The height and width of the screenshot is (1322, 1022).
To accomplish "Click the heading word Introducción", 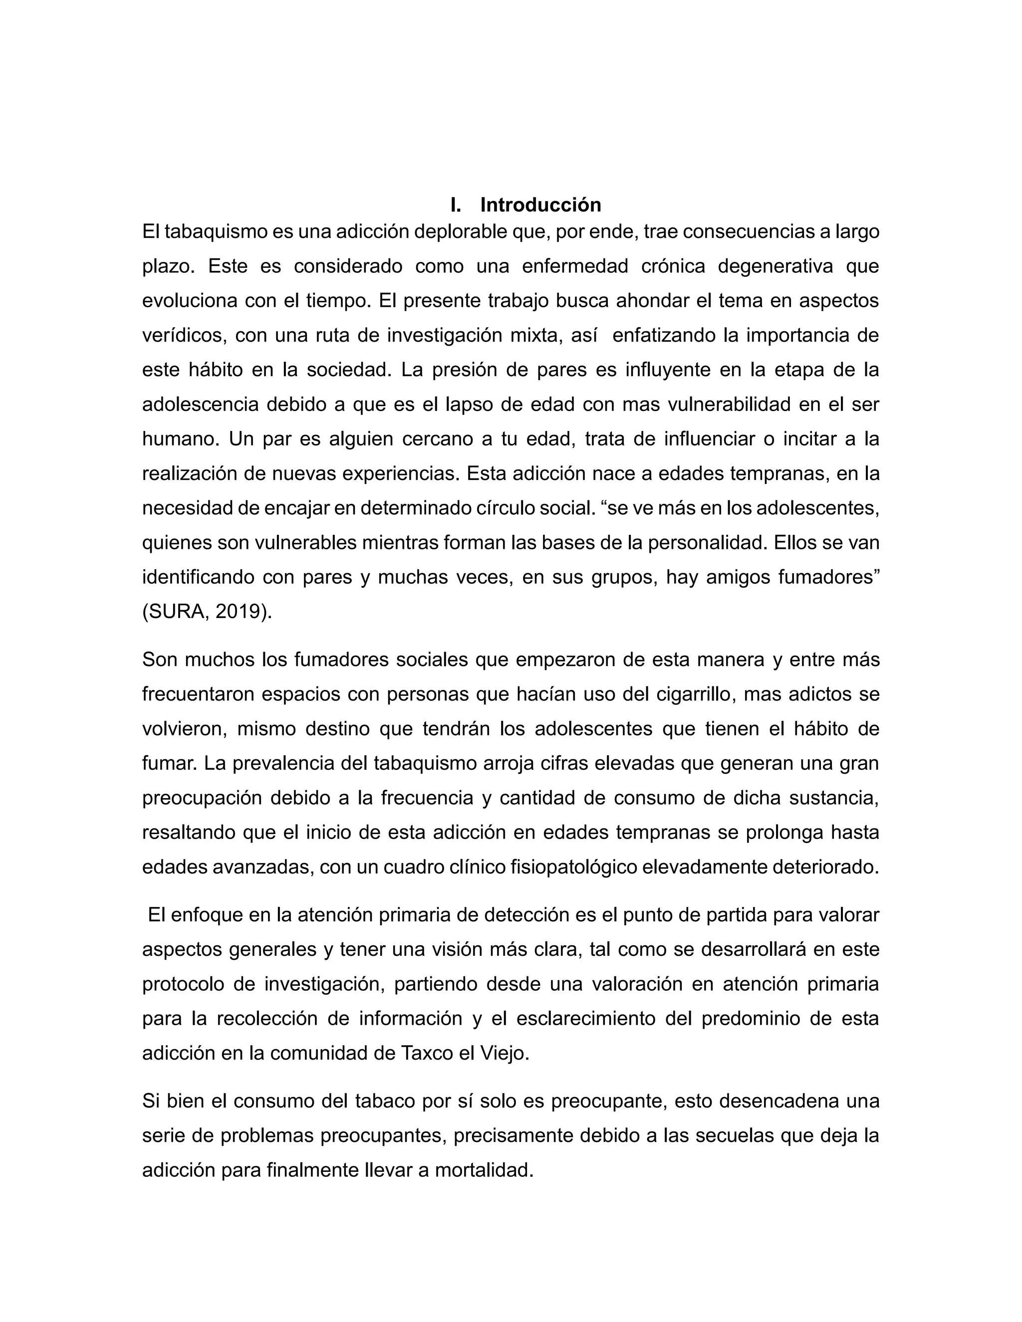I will click(x=540, y=205).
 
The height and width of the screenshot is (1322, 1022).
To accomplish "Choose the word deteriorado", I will click(x=820, y=868).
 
